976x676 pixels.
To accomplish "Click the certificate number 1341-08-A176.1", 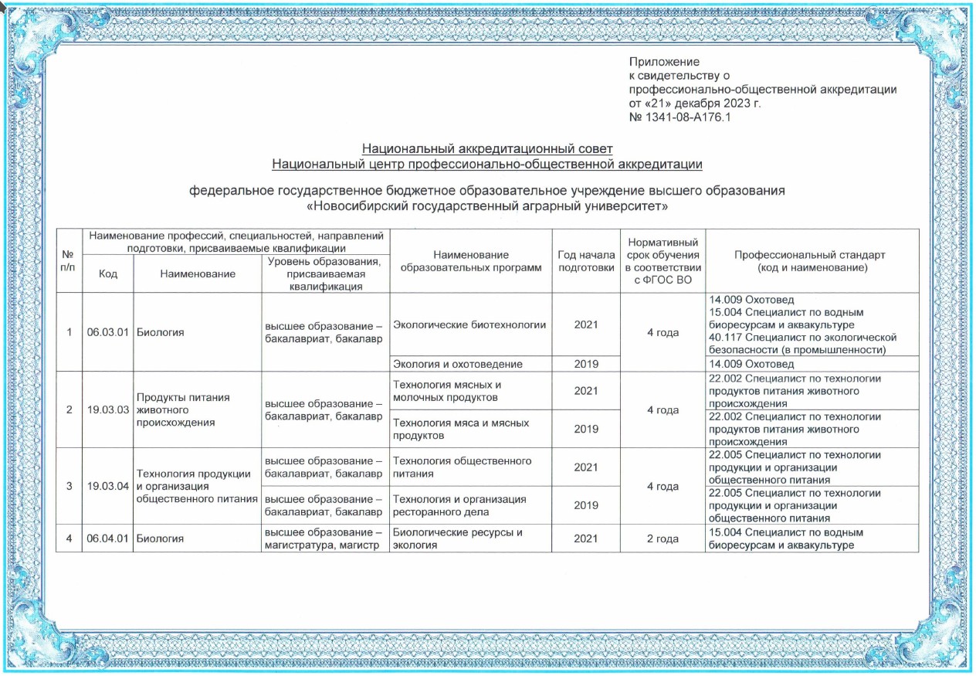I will pos(679,117).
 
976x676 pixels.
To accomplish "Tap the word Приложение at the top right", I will pos(664,62).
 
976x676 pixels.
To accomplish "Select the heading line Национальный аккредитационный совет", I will pos(487,148).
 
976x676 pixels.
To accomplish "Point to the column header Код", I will pos(107,274).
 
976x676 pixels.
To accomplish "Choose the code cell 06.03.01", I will pos(107,332).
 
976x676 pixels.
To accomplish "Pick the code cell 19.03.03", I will pos(107,409).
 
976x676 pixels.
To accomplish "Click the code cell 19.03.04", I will pos(107,486).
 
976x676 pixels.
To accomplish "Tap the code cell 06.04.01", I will pos(107,538).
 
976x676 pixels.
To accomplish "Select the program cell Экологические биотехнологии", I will pos(469,325).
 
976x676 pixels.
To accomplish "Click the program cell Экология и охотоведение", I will pos(458,364).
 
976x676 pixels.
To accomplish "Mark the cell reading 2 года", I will pos(662,538).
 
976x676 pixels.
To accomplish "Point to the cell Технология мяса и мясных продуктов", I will pos(461,429).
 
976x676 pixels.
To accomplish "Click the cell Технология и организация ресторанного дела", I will pos(459,505).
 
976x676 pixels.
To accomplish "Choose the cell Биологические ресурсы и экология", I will pos(458,538).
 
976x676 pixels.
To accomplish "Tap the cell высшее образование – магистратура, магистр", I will pos(324,538).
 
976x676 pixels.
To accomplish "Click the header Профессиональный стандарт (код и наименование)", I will pos(812,261).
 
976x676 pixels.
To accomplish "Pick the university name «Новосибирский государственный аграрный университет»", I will pos(487,206).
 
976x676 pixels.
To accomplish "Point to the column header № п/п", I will pos(69,261).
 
